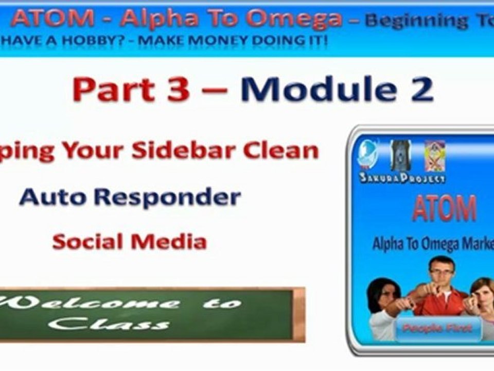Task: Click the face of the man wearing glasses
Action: click(441, 273)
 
